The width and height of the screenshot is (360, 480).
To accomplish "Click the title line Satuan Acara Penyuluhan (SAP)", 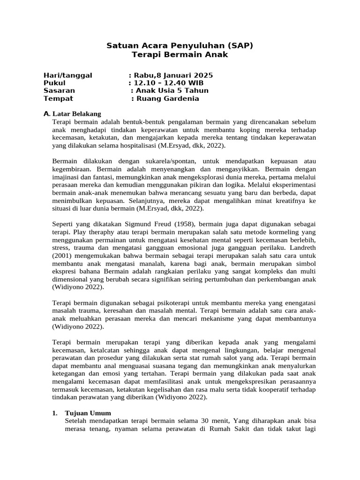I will pyautogui.click(x=180, y=45).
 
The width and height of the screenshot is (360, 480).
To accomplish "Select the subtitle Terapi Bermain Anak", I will pyautogui.click(x=180, y=54).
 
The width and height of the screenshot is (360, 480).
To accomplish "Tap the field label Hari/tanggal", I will pyautogui.click(x=67, y=75).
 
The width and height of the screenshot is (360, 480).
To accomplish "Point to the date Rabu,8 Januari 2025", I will pyautogui.click(x=173, y=75).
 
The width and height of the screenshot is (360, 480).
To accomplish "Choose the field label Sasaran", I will pyautogui.click(x=59, y=90).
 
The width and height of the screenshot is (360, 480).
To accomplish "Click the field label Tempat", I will pyautogui.click(x=58, y=98).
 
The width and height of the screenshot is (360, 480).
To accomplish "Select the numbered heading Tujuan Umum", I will pyautogui.click(x=88, y=413).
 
